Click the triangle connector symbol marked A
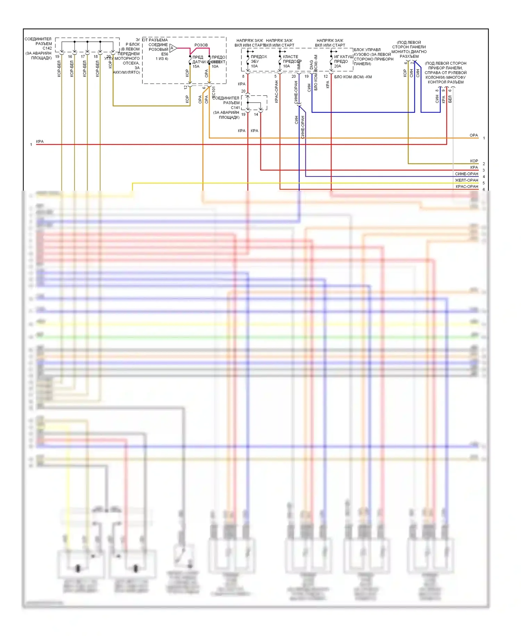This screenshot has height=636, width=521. tap(173, 48)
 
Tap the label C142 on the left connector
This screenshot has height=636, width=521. tap(47, 48)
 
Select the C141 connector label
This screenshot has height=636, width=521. tap(235, 108)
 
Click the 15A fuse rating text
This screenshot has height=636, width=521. tap(196, 66)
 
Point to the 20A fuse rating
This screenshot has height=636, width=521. tap(338, 66)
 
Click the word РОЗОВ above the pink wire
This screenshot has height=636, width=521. tap(201, 45)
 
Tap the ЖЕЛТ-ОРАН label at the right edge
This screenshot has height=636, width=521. tap(466, 180)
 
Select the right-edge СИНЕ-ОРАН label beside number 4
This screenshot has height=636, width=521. tap(466, 174)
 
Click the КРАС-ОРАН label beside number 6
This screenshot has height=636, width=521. tap(467, 186)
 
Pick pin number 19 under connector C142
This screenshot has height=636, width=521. tap(57, 57)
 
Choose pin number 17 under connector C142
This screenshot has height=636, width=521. tap(83, 57)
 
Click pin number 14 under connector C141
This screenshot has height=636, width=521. tap(256, 114)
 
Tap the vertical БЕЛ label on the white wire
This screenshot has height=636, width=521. tap(450, 99)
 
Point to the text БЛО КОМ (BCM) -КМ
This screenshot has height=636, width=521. tap(353, 77)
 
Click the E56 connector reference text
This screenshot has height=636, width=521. tap(165, 54)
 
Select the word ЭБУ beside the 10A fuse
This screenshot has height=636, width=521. tap(255, 61)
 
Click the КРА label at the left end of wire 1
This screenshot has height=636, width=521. tap(40, 142)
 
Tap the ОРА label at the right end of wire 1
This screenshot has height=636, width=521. tap(473, 135)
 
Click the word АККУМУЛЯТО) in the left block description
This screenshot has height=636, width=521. tap(126, 72)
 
